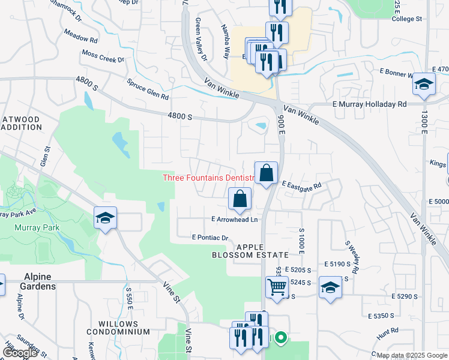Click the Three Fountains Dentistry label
206,178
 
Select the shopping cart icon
277,286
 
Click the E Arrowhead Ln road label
234,220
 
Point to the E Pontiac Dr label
210,238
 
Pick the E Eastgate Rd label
302,187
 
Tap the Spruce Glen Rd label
148,89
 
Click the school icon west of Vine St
105,218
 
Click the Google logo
20,353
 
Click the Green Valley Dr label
200,40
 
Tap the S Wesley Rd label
351,258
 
